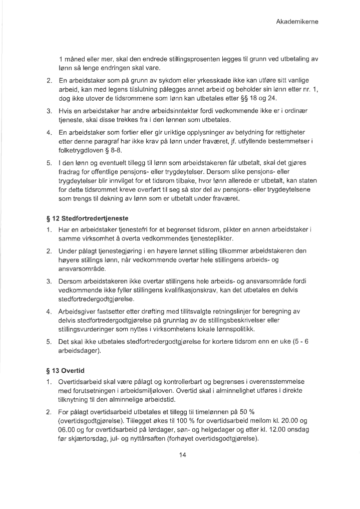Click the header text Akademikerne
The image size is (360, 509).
pyautogui.click(x=297, y=22)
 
